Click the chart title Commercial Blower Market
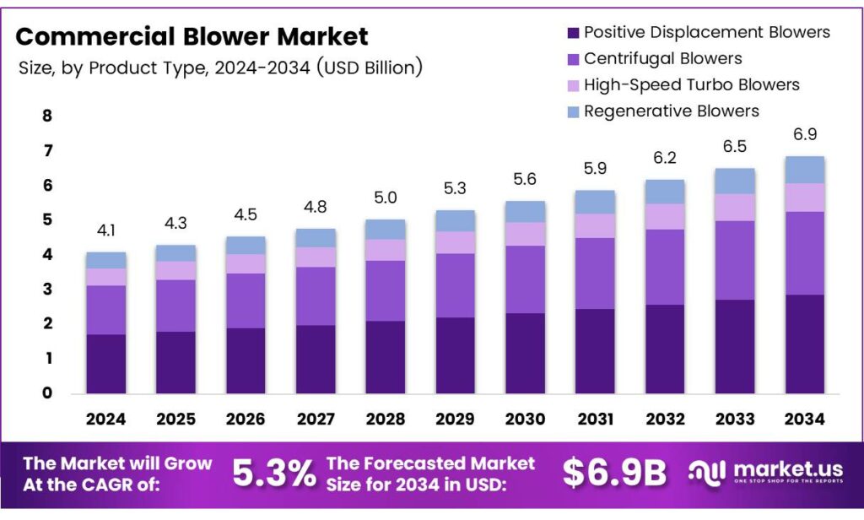(192, 36)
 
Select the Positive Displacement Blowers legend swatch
(573, 33)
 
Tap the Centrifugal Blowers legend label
(662, 58)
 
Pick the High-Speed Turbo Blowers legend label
(691, 84)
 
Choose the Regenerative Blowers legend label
(671, 111)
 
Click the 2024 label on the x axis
(105, 419)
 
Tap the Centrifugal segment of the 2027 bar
(315, 295)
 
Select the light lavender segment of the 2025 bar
(175, 270)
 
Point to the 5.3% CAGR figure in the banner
(273, 474)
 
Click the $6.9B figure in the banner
(613, 474)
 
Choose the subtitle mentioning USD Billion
(220, 67)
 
